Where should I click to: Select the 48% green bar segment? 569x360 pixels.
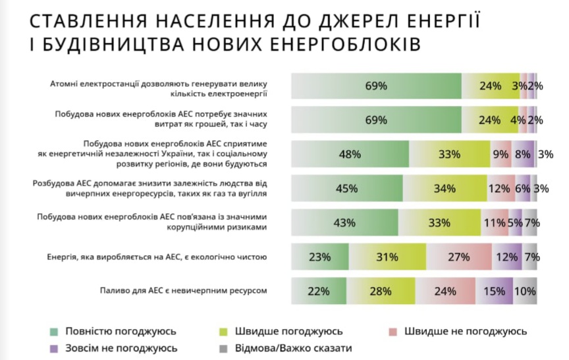pyautogui.click(x=350, y=155)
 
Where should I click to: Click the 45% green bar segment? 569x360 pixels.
pyautogui.click(x=346, y=189)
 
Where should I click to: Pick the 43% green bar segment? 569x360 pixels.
pyautogui.click(x=344, y=222)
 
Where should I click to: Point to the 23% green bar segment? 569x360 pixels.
pyautogui.click(x=319, y=257)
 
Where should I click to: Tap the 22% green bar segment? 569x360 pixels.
pyautogui.click(x=318, y=290)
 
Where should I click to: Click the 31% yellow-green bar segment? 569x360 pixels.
pyautogui.click(x=387, y=257)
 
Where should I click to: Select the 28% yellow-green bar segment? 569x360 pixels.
pyautogui.click(x=381, y=290)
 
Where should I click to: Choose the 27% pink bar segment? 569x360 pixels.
pyautogui.click(x=458, y=257)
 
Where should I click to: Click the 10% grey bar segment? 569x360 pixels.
pyautogui.click(x=525, y=290)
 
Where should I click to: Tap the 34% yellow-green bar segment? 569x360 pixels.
pyautogui.click(x=445, y=189)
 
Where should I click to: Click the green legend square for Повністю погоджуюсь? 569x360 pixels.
pyautogui.click(x=53, y=331)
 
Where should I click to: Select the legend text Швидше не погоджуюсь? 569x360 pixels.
pyautogui.click(x=466, y=331)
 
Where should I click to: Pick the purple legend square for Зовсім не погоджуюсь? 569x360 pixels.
pyautogui.click(x=53, y=347)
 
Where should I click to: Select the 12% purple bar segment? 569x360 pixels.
pyautogui.click(x=506, y=257)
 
